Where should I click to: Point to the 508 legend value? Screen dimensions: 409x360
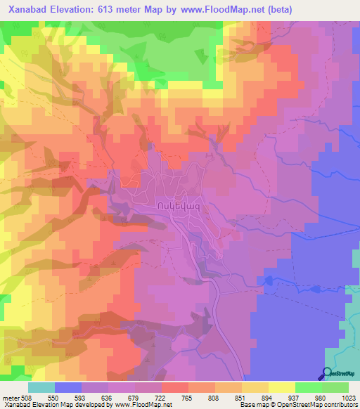(26, 397)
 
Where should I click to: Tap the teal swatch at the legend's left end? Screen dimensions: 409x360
(41, 387)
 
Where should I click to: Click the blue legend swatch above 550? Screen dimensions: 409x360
(68, 387)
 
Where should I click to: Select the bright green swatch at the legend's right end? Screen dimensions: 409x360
(335, 387)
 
